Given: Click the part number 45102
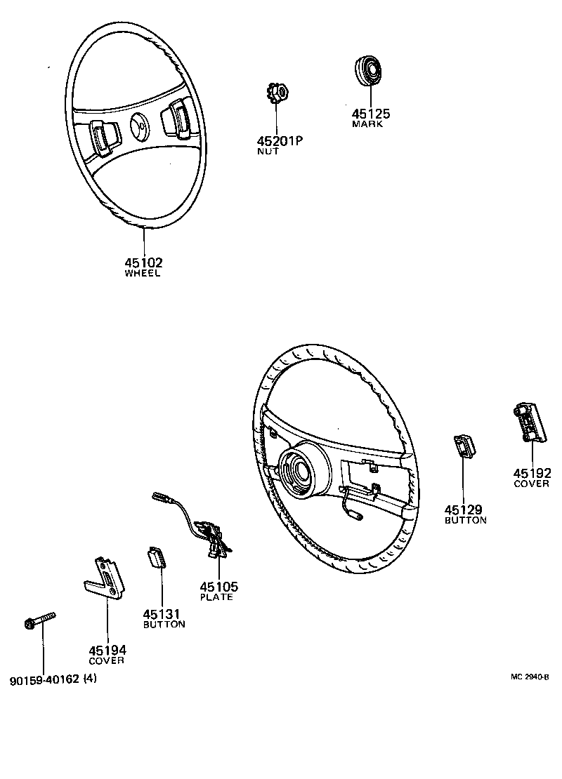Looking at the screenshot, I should [143, 262].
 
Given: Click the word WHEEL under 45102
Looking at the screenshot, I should [143, 274].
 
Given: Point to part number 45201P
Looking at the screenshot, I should [279, 140].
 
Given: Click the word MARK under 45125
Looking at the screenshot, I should [367, 124].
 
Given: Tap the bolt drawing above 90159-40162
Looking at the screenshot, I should [38, 620].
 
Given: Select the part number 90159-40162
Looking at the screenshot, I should [44, 679].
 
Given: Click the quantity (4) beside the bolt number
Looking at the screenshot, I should [90, 679].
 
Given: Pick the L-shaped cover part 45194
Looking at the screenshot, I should [103, 578].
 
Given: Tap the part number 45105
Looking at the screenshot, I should [218, 587].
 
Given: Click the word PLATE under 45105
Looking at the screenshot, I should [216, 597].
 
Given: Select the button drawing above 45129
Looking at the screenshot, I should [462, 446].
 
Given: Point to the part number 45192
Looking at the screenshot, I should [532, 473].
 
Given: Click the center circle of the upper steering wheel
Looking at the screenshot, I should [140, 125].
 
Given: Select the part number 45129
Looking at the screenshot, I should [464, 510].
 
